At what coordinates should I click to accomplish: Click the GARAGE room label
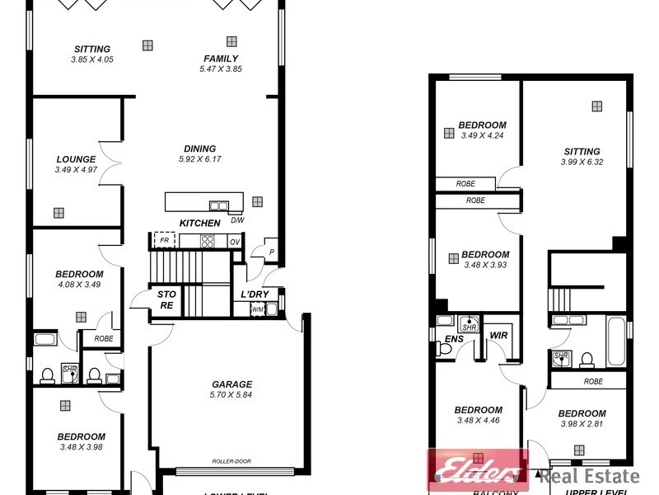pos(231,384)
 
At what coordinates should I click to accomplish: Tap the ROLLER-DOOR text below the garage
pos(231,462)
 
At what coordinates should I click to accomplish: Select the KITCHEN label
pos(200,223)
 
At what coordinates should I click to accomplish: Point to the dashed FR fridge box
pos(164,241)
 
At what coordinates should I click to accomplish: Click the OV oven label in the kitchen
pos(234,241)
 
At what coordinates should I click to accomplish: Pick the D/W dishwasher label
pos(237,220)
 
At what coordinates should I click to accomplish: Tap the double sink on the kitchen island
pos(219,205)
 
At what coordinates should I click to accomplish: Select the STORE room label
pos(166,299)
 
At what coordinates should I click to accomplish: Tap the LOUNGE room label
pos(76,159)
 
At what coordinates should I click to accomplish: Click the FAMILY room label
pos(221,59)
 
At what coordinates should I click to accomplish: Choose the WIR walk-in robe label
pos(498,336)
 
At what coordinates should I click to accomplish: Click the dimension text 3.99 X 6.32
pos(582,162)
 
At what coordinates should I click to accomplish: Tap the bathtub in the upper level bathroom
pos(615,340)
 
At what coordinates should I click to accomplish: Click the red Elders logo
pos(476,471)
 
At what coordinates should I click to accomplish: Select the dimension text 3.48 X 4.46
pos(478,421)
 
